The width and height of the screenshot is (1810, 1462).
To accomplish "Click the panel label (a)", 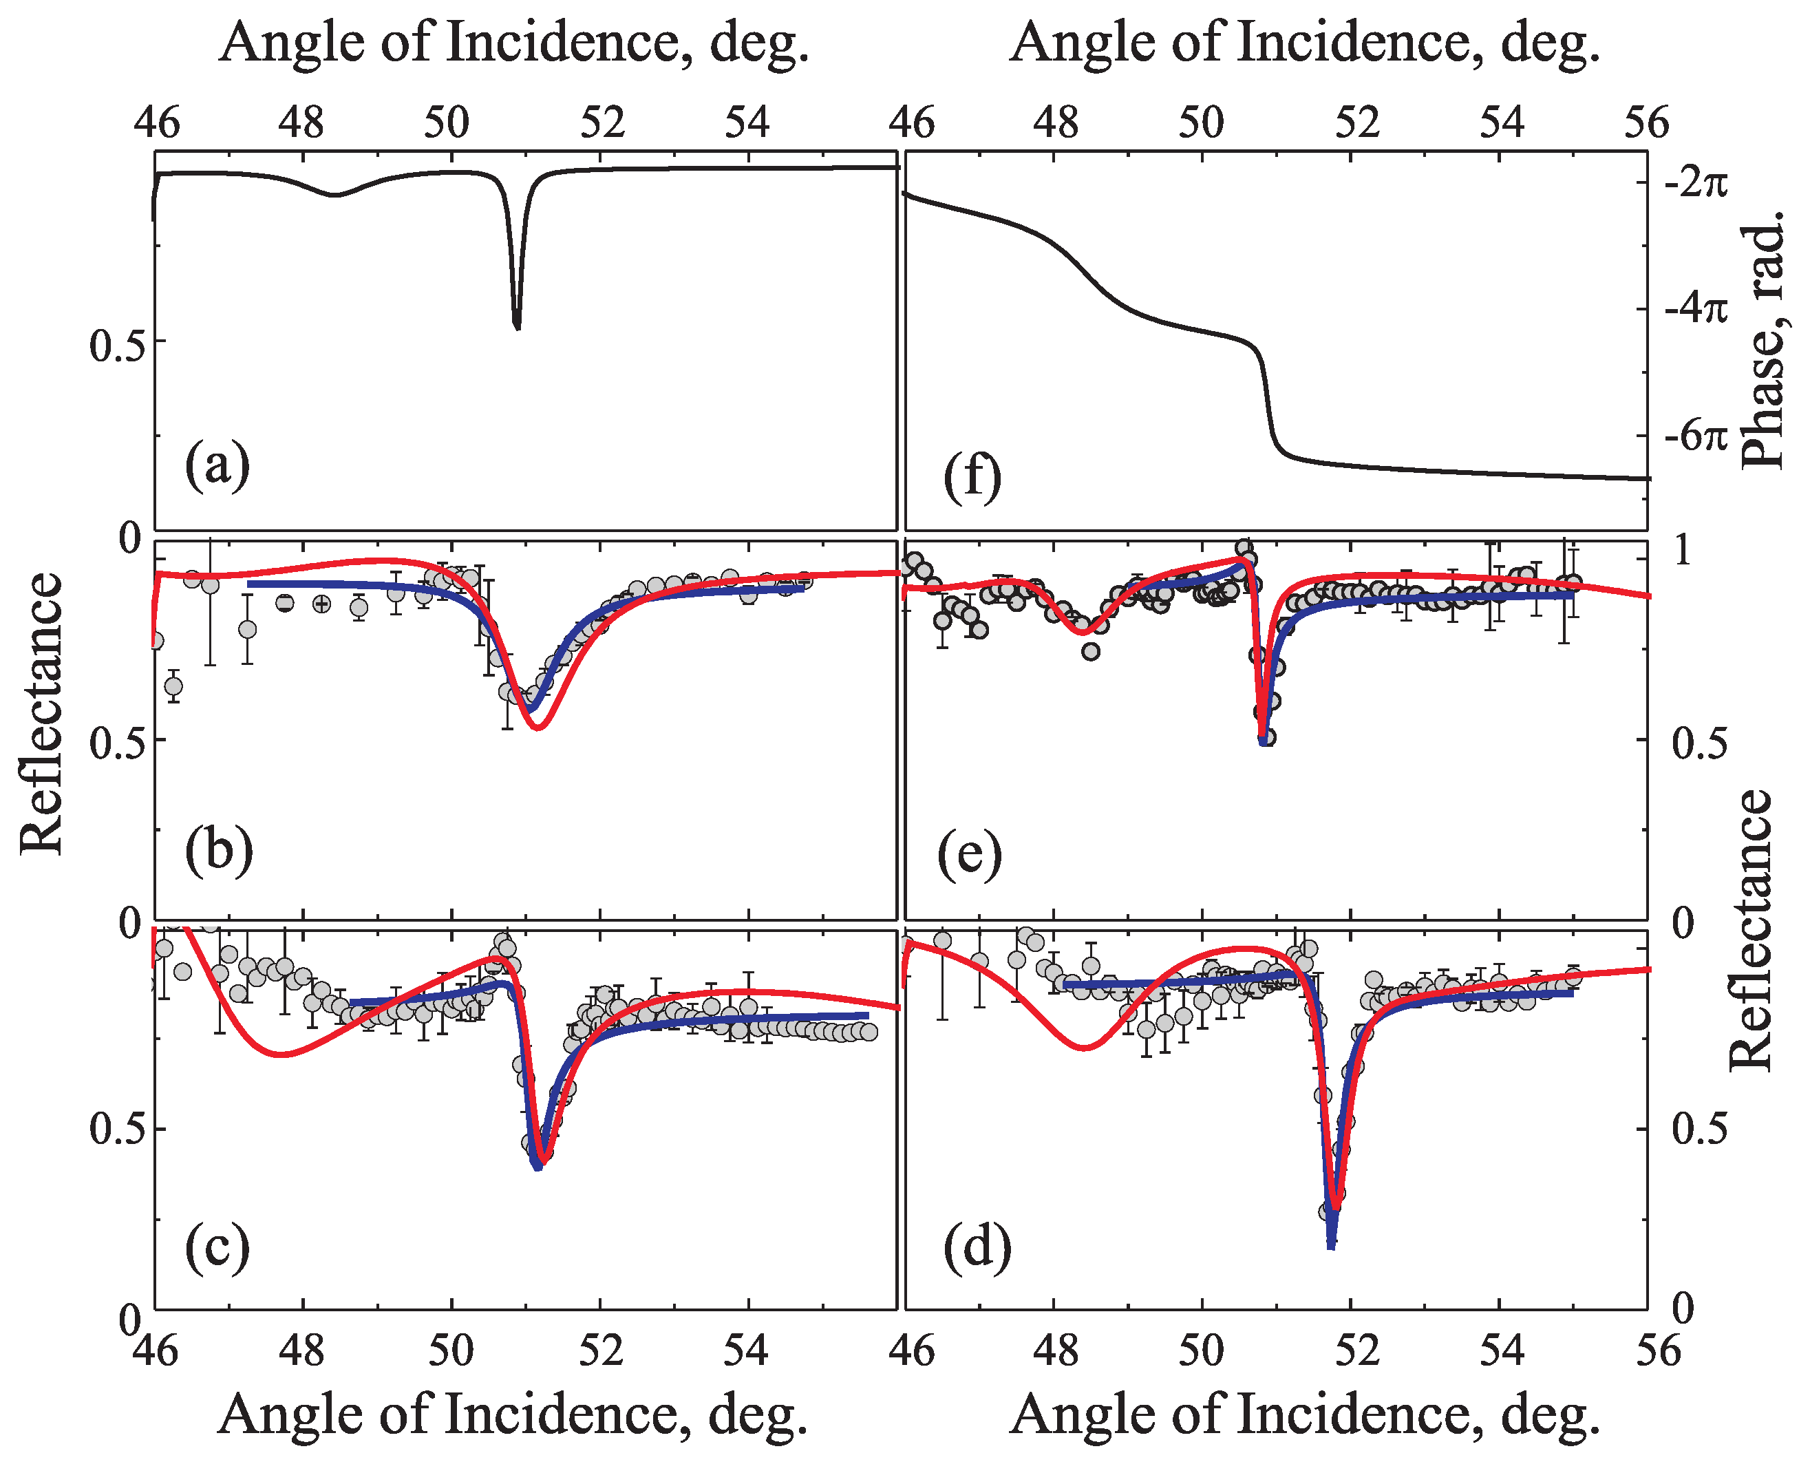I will (x=217, y=464).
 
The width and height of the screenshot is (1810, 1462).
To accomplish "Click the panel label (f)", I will (x=972, y=477).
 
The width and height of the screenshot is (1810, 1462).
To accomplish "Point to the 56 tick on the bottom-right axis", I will (x=1646, y=1350).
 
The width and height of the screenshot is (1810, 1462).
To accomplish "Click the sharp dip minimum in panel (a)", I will (x=517, y=327).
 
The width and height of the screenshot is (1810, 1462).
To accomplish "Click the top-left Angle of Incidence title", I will (x=513, y=42).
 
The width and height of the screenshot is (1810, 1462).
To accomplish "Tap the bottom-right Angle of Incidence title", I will (x=1304, y=1415).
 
